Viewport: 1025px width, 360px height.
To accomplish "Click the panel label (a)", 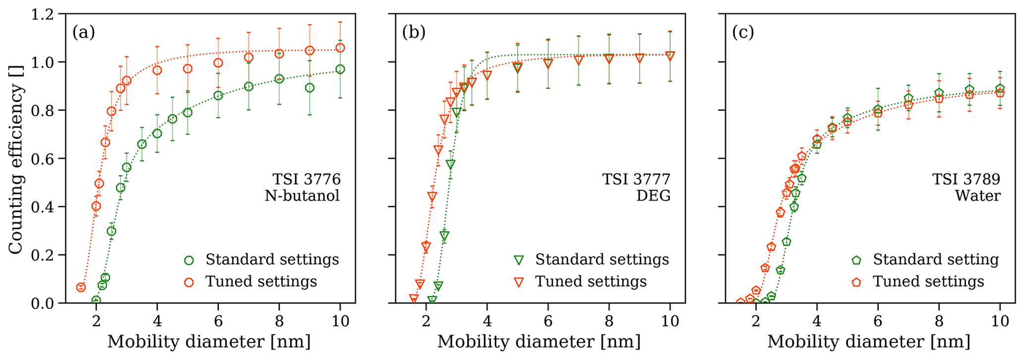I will click(x=83, y=32).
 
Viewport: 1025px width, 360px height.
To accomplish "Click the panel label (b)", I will click(x=414, y=32).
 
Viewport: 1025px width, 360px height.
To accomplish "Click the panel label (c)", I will click(x=743, y=32).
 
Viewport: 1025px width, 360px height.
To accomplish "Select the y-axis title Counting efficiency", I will click(x=16, y=169).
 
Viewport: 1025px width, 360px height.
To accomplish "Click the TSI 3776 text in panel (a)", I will click(x=306, y=179).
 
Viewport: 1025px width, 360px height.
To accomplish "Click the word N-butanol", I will click(x=302, y=196).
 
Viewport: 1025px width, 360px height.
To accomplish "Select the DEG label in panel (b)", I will click(x=653, y=196).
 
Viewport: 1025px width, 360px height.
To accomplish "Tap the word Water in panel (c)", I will click(x=977, y=196).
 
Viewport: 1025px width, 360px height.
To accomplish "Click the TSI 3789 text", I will click(x=966, y=179).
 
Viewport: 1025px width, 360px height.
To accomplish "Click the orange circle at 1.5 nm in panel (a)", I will click(x=81, y=287).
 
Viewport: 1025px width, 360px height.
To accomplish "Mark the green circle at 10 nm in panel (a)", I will click(x=340, y=69).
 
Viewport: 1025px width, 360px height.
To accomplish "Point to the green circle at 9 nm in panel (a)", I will click(x=309, y=88).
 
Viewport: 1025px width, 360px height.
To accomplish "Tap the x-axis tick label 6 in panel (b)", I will click(x=548, y=321).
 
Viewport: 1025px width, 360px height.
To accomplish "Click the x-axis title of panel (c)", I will click(x=869, y=342).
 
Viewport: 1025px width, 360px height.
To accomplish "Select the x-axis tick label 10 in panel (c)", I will click(x=1000, y=321).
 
